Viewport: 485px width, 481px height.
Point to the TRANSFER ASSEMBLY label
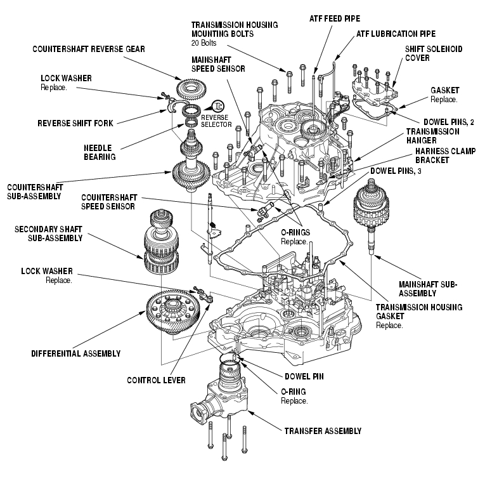[x=323, y=431]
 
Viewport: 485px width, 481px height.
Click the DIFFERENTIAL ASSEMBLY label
[x=75, y=353]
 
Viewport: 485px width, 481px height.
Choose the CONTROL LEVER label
[x=156, y=380]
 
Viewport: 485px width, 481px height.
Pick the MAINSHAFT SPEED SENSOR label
[x=215, y=63]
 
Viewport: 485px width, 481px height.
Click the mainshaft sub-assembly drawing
[x=373, y=206]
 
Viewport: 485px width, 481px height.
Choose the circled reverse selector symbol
[x=219, y=106]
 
